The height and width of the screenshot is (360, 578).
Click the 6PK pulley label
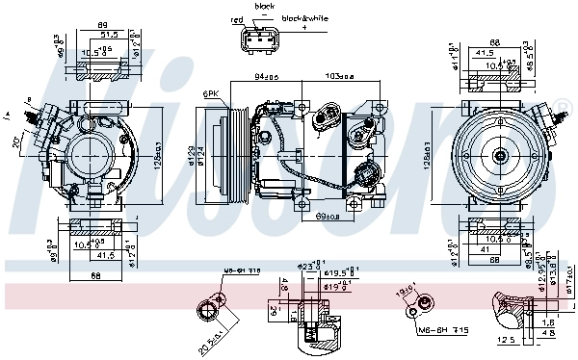pos(209,91)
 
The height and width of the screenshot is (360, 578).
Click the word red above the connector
pos(238,18)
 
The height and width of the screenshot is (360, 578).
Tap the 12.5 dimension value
pos(505,340)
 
